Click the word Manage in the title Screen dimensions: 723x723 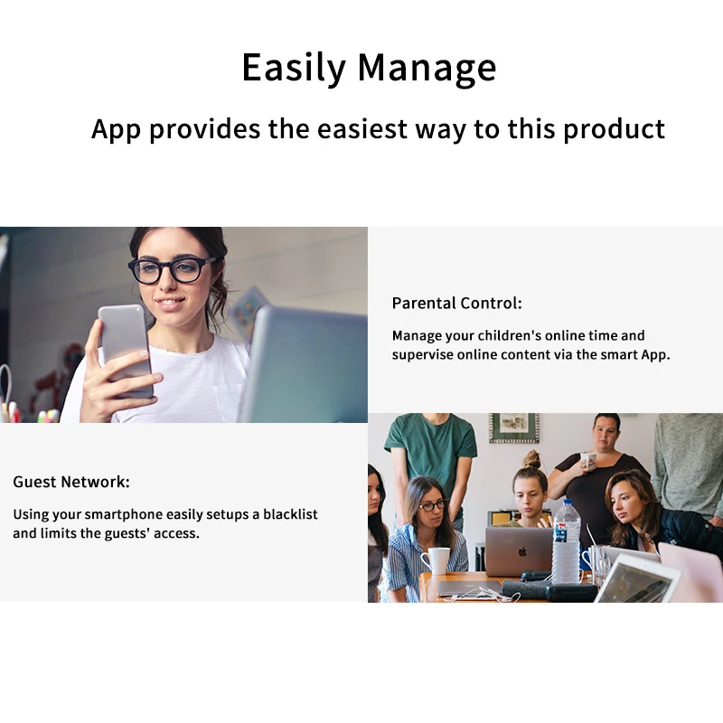coord(427,67)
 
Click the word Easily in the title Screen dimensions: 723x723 coord(294,67)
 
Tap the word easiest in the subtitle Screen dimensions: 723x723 coord(362,128)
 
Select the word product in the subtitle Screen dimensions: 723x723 coord(615,129)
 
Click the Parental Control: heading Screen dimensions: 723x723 coord(456,303)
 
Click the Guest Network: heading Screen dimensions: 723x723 coord(71,482)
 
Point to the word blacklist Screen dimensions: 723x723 coord(290,513)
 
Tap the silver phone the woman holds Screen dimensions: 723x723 coord(125,350)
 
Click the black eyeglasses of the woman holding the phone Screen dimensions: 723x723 coord(172,269)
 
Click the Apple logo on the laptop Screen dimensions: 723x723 coord(522,551)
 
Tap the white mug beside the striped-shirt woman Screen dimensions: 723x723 coord(437,560)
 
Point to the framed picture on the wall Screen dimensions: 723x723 coord(513,427)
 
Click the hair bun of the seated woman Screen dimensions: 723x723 coord(532,459)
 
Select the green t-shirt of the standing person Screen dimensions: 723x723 coord(431,451)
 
